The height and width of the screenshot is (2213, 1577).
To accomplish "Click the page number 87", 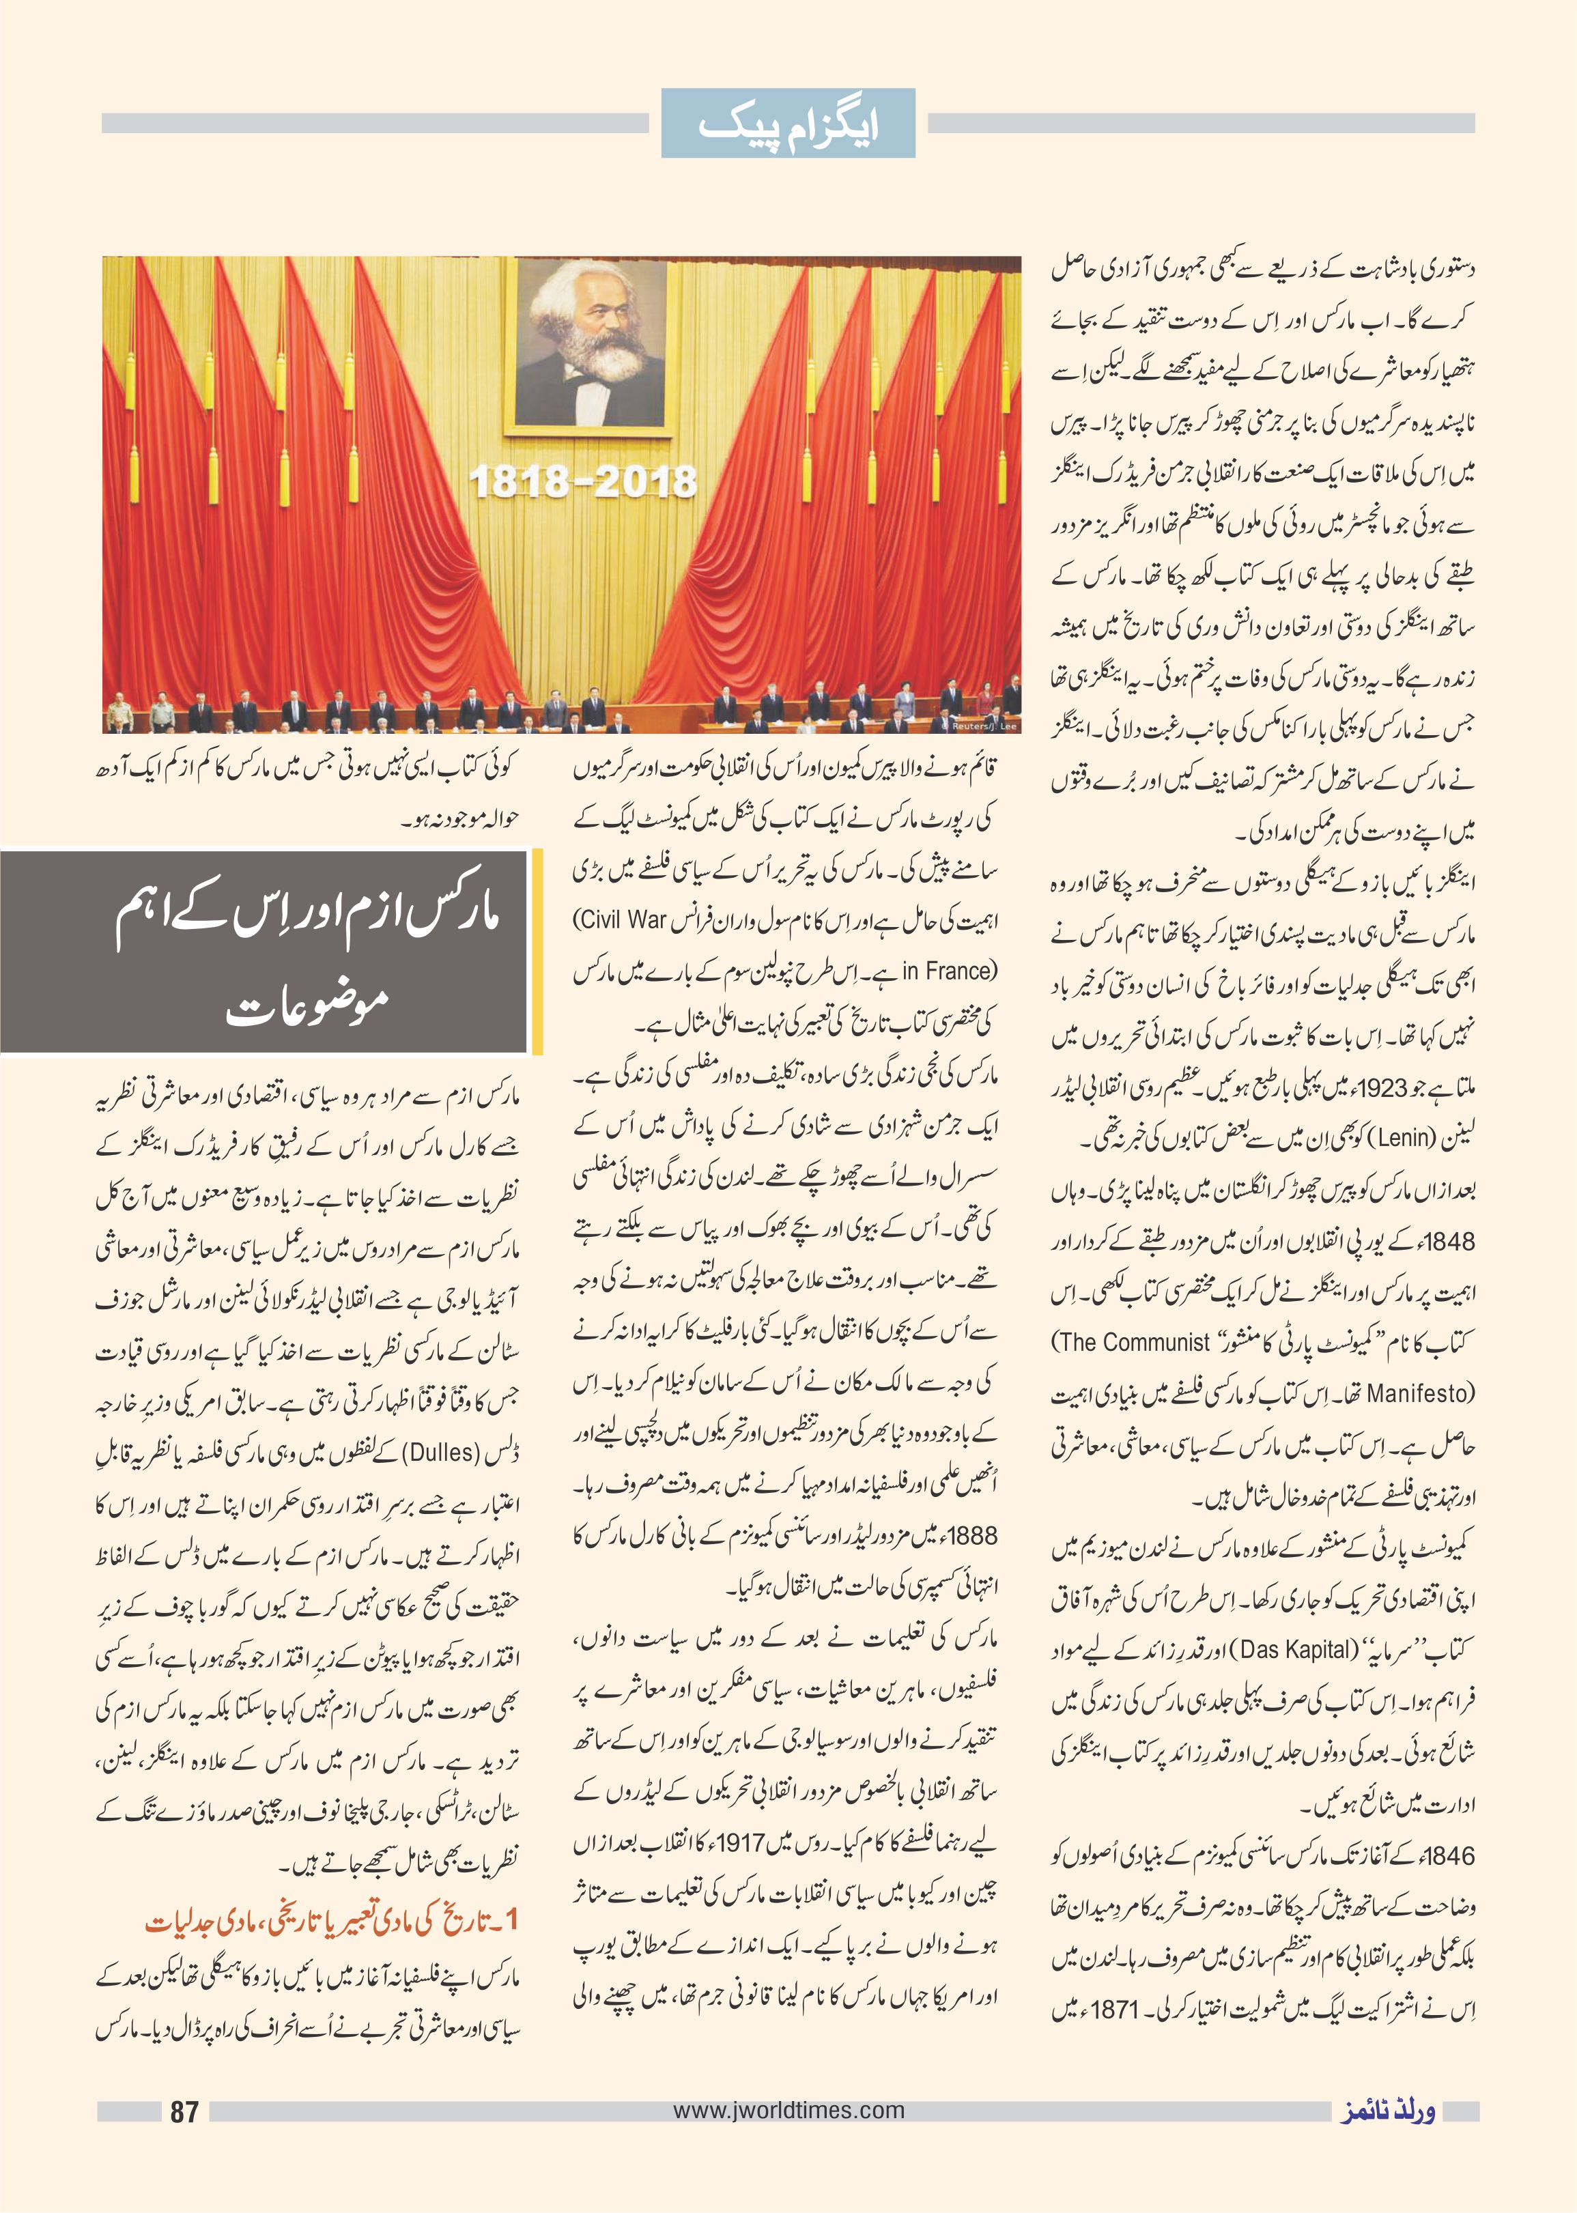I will tap(184, 2111).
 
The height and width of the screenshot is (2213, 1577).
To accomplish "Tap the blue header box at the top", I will tap(788, 124).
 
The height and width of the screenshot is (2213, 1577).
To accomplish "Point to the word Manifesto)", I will tap(1421, 1393).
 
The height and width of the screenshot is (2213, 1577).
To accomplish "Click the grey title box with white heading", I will tap(264, 952).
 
